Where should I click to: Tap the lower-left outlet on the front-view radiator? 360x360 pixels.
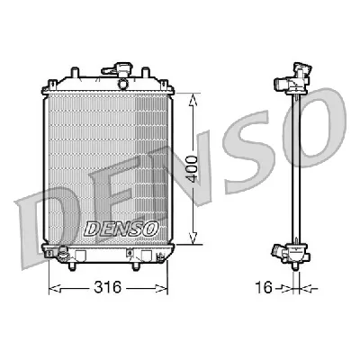point(62,256)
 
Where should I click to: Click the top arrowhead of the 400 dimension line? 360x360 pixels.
point(191,94)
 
